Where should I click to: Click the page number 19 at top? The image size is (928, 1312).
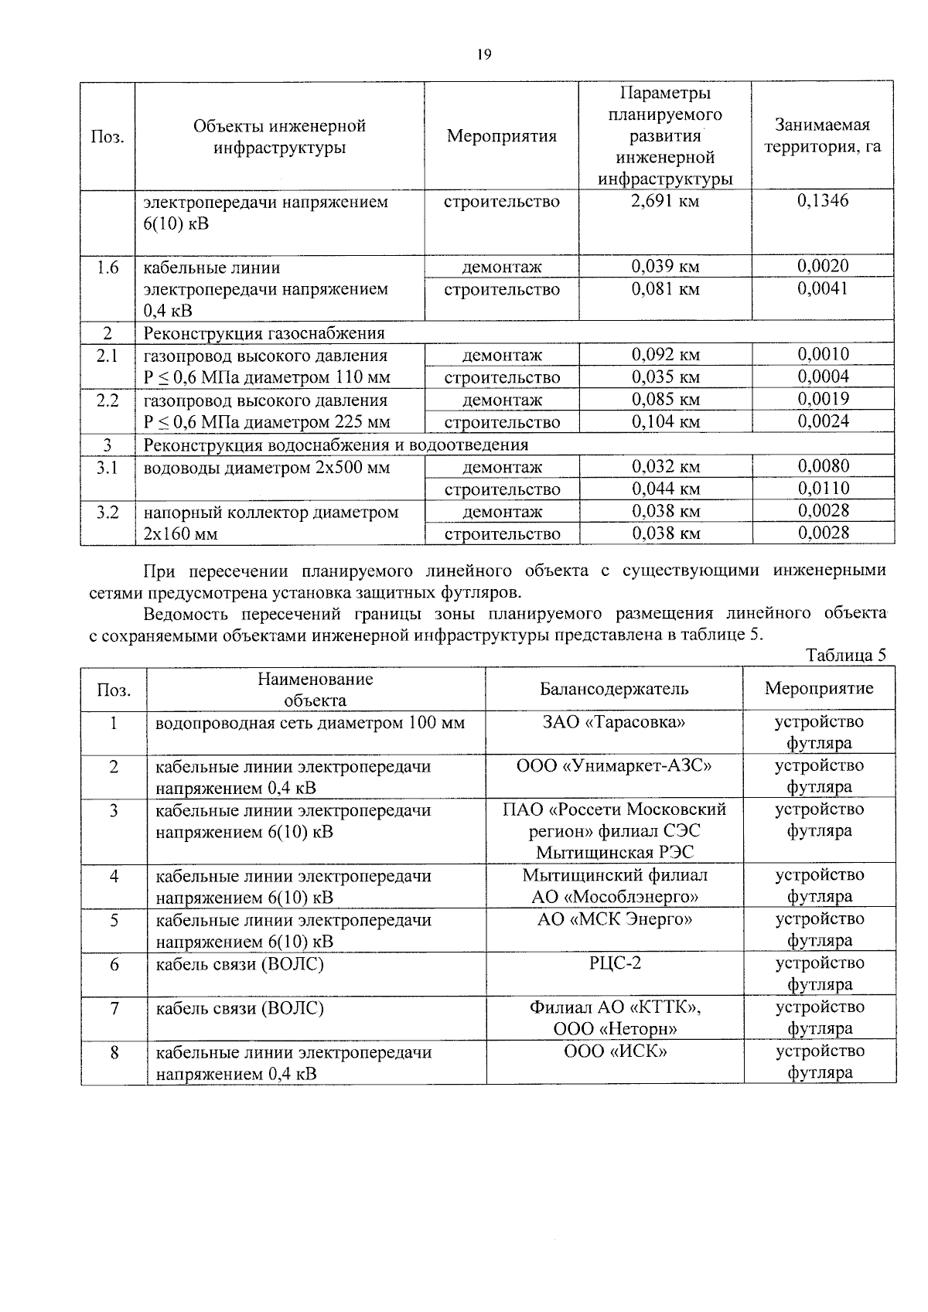484,54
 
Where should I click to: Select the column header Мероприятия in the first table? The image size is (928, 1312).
501,137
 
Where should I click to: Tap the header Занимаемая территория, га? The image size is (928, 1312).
822,136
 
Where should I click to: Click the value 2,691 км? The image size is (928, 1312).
665,202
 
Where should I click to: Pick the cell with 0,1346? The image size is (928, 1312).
823,201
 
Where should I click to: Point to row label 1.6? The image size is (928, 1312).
107,268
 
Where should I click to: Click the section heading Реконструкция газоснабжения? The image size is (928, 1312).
264,333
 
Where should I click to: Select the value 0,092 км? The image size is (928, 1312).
665,355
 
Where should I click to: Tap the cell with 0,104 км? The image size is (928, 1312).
665,422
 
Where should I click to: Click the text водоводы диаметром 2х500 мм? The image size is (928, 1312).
267,468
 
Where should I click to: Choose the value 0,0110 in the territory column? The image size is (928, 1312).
823,489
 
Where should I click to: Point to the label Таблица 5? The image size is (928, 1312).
845,656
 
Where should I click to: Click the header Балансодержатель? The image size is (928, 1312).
614,689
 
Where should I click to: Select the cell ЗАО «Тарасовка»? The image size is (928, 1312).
614,722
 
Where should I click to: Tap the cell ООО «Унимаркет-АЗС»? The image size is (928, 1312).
614,766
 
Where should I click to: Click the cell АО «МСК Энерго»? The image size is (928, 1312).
614,919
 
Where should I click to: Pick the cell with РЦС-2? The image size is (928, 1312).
614,963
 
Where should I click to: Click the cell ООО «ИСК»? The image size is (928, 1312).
614,1051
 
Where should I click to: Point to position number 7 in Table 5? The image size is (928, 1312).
114,1008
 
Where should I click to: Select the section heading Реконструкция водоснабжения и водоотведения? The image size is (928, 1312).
336,445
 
